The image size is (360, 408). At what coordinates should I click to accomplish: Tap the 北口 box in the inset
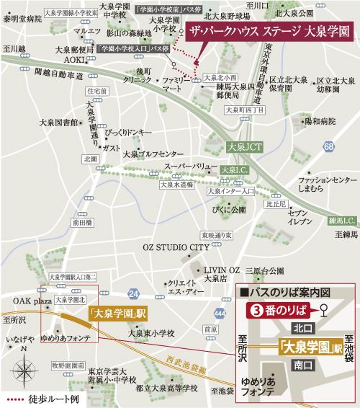click(301, 327)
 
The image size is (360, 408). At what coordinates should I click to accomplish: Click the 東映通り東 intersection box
click(215, 236)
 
